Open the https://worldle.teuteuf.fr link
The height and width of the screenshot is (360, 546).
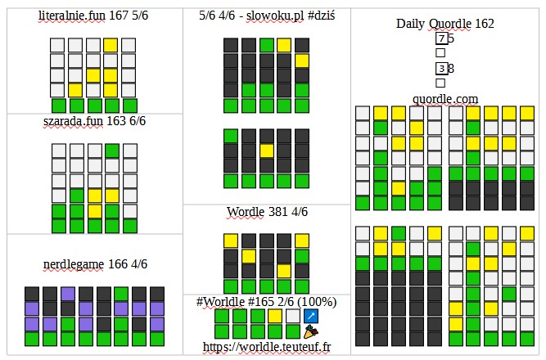(x=266, y=347)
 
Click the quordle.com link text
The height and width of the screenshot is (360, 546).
(x=445, y=98)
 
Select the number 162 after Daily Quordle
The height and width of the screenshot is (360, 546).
(x=483, y=24)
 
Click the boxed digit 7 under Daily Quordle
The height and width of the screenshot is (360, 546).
(x=441, y=38)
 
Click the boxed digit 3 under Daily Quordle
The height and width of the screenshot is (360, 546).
(x=441, y=69)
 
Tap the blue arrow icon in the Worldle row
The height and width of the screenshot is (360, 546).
(x=310, y=316)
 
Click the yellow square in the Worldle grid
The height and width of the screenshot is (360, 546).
(x=274, y=316)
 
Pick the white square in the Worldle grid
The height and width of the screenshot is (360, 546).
(x=292, y=316)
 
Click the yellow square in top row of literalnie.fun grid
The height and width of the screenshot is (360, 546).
(x=111, y=45)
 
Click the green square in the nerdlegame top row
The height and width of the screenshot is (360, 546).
(x=121, y=294)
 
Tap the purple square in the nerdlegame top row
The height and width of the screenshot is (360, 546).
(x=67, y=294)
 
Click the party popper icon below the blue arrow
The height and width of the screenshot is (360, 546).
(x=310, y=331)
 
